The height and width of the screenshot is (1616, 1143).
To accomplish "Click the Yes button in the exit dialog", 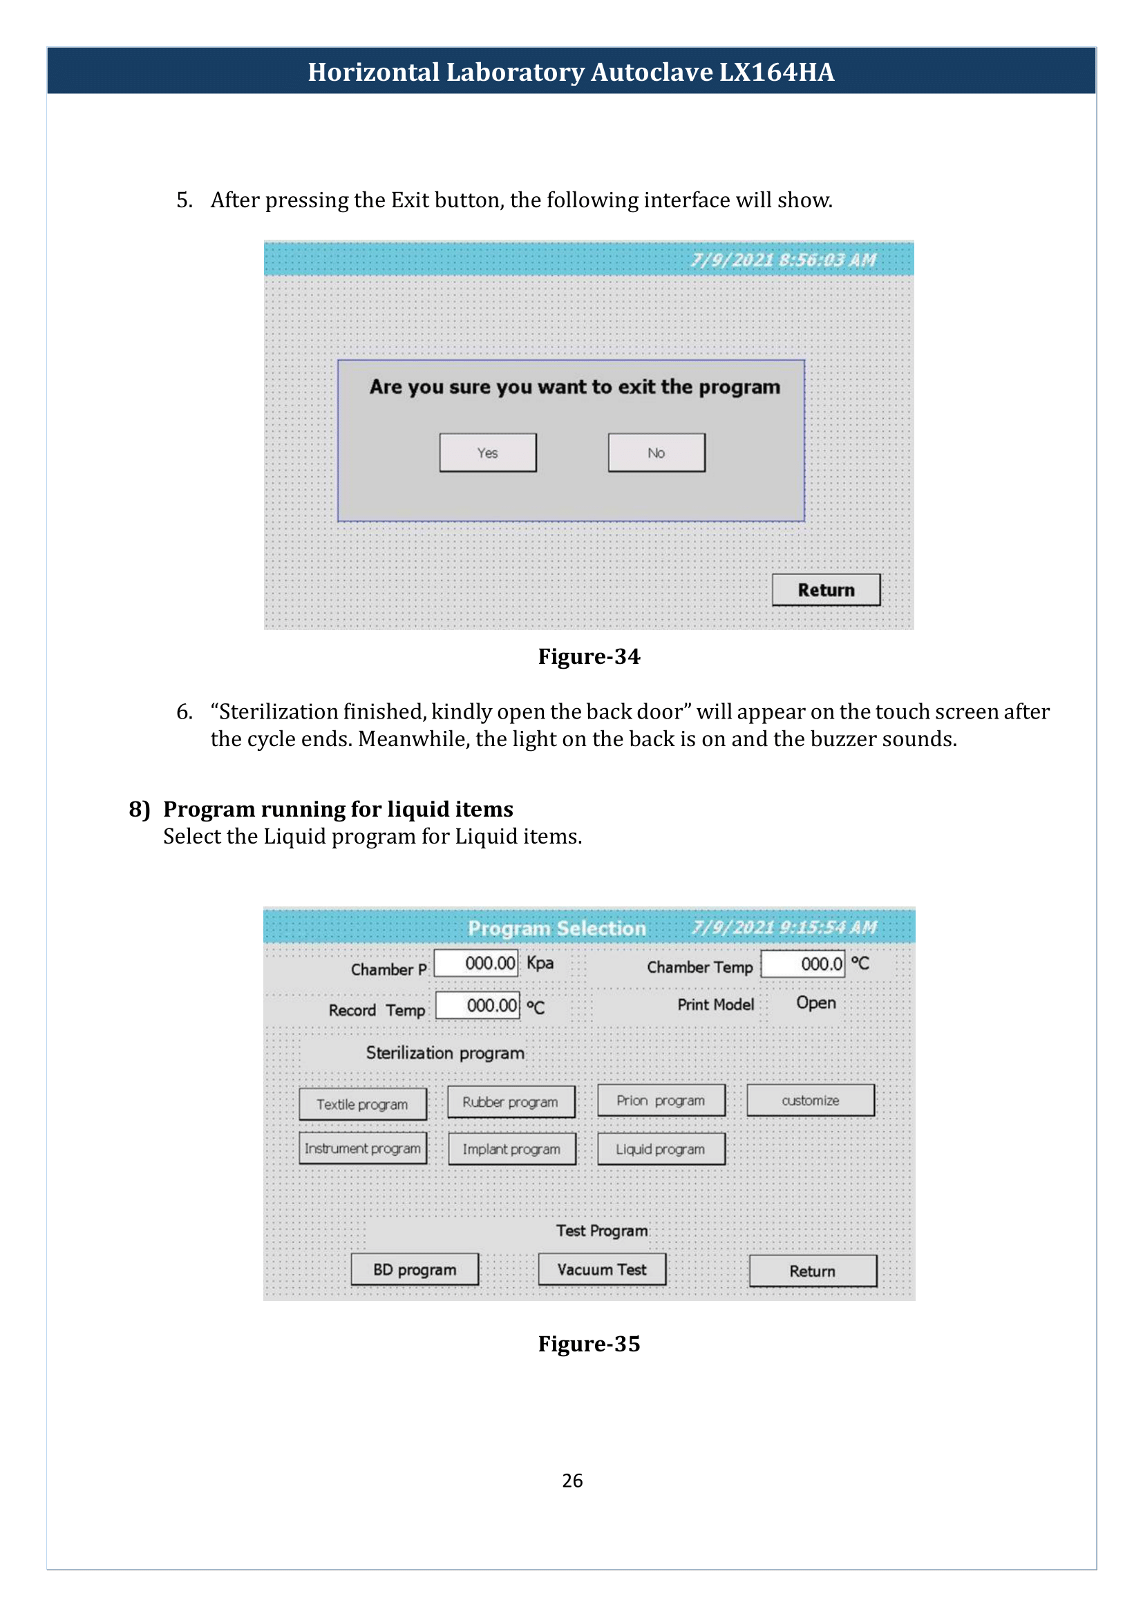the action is pyautogui.click(x=488, y=453).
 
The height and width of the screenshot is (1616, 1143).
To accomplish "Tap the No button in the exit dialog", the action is pyautogui.click(x=656, y=453).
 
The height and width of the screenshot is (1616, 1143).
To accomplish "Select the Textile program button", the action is pyautogui.click(x=363, y=1103).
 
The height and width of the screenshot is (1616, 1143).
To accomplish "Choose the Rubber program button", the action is pyautogui.click(x=511, y=1101).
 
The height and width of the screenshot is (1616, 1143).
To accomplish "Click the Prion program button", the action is pyautogui.click(x=661, y=1100).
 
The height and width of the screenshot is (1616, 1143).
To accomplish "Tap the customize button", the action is pyautogui.click(x=811, y=1100).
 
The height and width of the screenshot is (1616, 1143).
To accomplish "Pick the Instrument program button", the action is pyautogui.click(x=363, y=1148).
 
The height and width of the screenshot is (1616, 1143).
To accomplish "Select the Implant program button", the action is pyautogui.click(x=511, y=1149).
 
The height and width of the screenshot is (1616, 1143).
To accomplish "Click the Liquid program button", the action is pyautogui.click(x=661, y=1149).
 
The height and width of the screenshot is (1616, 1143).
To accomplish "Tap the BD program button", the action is pyautogui.click(x=415, y=1269).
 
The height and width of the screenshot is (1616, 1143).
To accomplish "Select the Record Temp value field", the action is pyautogui.click(x=478, y=1005).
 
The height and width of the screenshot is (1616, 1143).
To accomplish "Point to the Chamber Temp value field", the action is pyautogui.click(x=803, y=964).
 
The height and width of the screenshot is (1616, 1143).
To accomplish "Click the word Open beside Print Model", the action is pyautogui.click(x=816, y=1003).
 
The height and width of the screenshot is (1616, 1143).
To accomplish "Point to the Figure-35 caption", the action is pyautogui.click(x=589, y=1344).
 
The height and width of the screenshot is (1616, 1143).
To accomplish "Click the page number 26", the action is pyautogui.click(x=572, y=1480).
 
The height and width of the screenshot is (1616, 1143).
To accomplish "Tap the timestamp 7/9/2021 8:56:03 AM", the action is pyautogui.click(x=784, y=260).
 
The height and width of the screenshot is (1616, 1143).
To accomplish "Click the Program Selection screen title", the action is pyautogui.click(x=557, y=929).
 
